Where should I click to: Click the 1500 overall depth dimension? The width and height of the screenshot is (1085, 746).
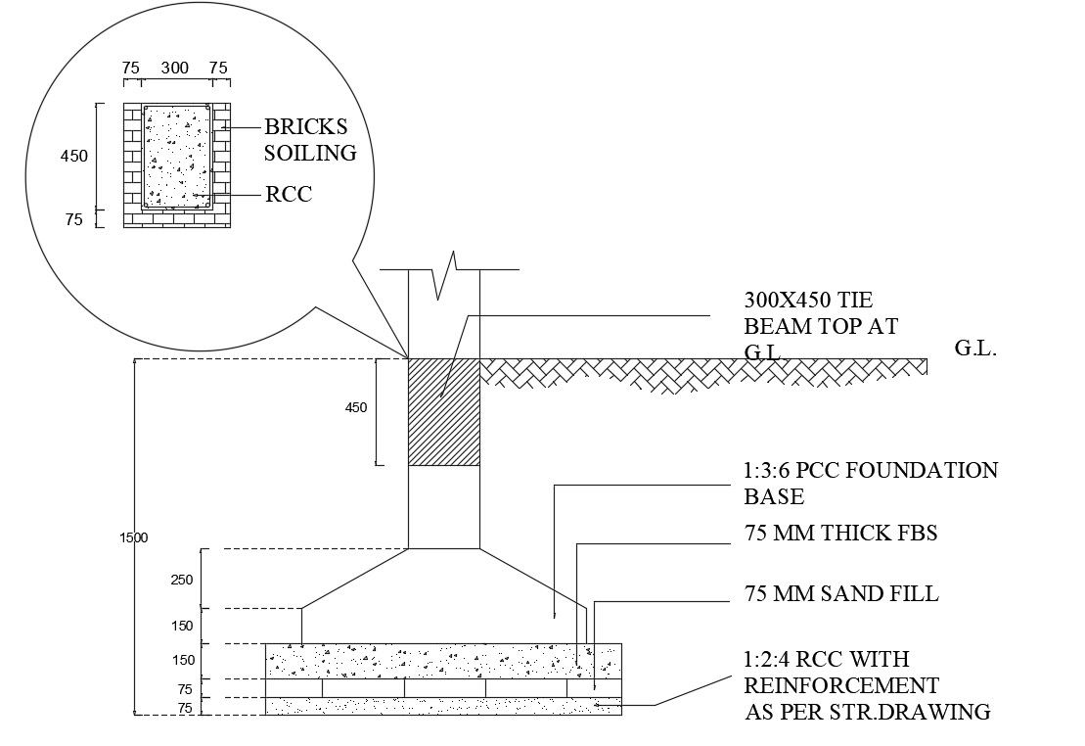(134, 537)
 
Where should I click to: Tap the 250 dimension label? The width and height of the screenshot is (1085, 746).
(183, 580)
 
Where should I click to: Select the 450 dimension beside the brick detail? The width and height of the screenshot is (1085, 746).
(74, 156)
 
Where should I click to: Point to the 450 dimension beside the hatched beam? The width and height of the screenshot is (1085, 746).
(356, 407)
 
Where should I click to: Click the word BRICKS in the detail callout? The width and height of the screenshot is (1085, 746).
(305, 127)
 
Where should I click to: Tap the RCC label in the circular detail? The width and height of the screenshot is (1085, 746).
(289, 195)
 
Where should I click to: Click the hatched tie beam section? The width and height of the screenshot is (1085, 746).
(443, 411)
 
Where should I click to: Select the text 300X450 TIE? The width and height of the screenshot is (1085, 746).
(808, 301)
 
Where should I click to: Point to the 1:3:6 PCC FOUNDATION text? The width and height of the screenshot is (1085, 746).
(871, 471)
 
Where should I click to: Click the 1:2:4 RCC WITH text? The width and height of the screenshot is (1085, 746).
(827, 659)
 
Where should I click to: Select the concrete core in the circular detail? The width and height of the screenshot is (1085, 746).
(177, 156)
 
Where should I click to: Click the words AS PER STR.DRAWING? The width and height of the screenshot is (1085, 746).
(868, 712)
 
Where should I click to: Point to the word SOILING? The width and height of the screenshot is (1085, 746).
(310, 154)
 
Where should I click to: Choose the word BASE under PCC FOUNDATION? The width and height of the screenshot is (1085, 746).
(774, 497)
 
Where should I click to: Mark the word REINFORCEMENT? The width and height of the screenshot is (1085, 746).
(841, 685)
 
